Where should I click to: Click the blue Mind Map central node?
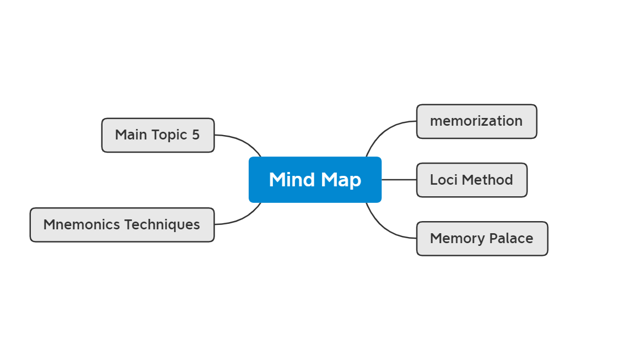click(315, 180)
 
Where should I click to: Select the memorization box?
click(476, 121)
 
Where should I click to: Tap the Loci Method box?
click(471, 180)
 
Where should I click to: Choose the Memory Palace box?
click(482, 239)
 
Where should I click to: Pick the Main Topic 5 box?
click(158, 135)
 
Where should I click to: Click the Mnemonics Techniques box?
click(122, 225)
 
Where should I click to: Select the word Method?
click(487, 180)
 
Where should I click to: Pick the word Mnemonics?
click(82, 225)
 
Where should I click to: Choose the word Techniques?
click(162, 225)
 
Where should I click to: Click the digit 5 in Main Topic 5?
click(196, 135)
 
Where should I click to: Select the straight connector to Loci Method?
click(399, 180)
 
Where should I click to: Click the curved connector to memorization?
click(381, 132)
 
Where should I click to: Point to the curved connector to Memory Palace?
click(381, 228)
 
